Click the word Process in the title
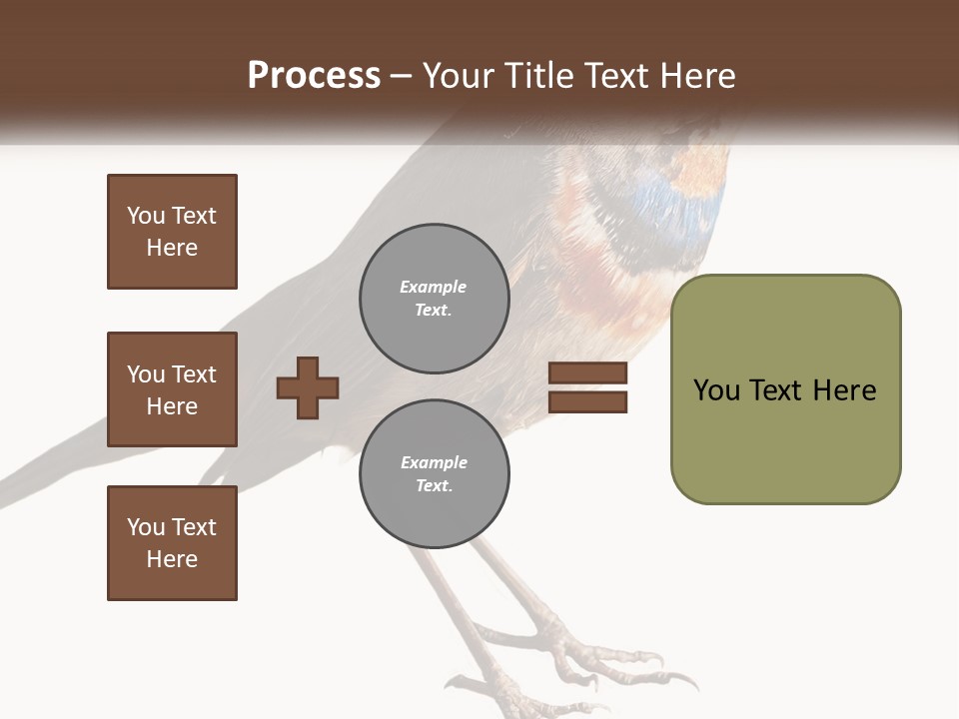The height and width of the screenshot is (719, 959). [x=314, y=76]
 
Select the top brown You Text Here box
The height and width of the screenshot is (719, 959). [x=172, y=232]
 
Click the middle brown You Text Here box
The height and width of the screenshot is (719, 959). [x=172, y=389]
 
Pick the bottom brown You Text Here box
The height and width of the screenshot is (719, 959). [x=172, y=543]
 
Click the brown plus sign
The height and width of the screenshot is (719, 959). [x=308, y=387]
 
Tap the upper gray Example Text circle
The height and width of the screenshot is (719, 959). [x=435, y=299]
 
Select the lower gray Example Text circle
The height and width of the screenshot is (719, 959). [x=435, y=474]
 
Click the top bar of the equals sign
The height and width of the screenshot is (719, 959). [x=587, y=372]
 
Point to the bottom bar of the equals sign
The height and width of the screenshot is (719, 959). [x=587, y=401]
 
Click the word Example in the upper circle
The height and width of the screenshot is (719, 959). [x=434, y=288]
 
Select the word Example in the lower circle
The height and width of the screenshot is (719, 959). [x=434, y=463]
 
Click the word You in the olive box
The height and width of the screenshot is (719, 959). [x=716, y=390]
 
